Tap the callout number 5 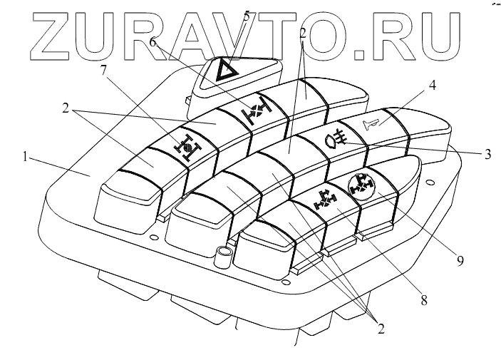pyautogui.click(x=247, y=16)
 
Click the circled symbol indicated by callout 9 pyautogui.click(x=361, y=185)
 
